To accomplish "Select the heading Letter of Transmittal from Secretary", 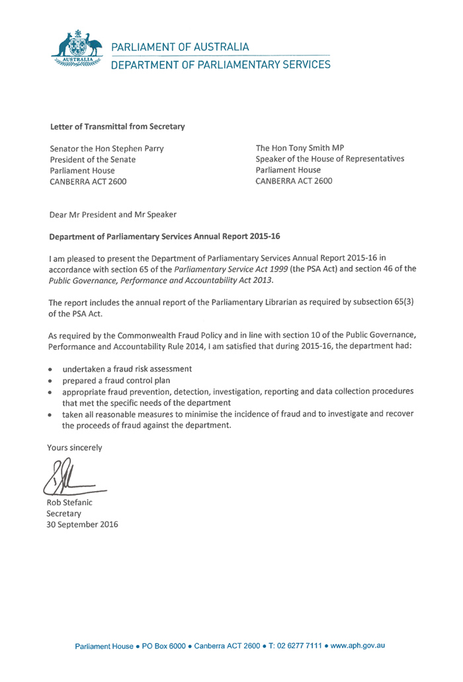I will [118, 126].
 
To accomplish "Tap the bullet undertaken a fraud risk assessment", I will [126, 368].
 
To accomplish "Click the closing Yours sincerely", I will [74, 447].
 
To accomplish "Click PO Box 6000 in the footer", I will [163, 645].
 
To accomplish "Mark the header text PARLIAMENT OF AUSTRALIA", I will [180, 47].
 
